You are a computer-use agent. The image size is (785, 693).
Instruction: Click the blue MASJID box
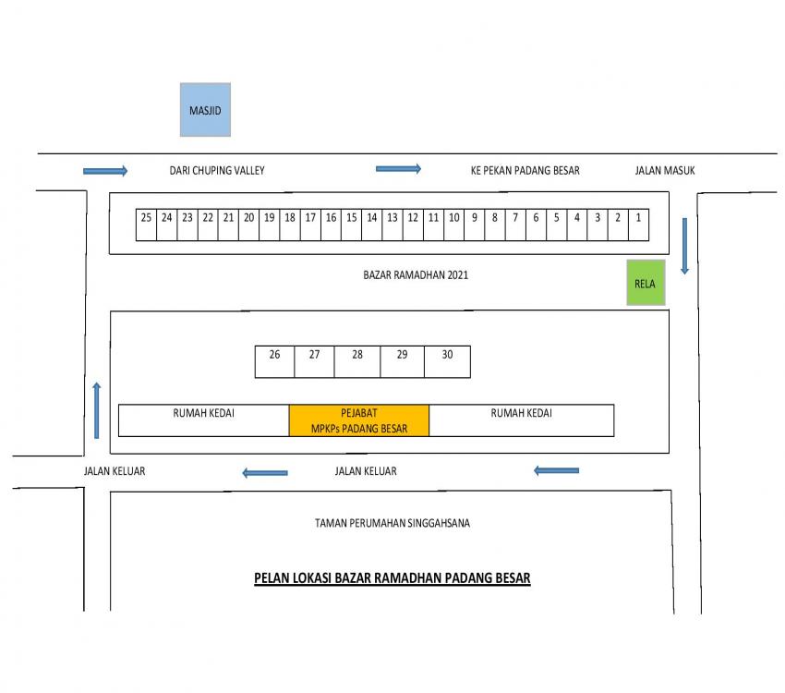pos(205,110)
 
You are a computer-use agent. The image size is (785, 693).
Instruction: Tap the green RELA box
pos(646,283)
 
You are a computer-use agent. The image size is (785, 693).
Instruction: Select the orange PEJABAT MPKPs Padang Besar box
pos(359,420)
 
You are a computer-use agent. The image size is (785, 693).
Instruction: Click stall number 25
pos(146,225)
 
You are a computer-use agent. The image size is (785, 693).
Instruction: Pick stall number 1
pos(638,225)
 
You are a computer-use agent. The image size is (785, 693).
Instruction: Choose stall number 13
pos(392,225)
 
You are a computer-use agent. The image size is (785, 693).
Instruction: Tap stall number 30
pos(447,361)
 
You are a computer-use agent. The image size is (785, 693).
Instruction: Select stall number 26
pos(275,361)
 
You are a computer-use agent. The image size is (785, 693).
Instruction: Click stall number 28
pos(357,361)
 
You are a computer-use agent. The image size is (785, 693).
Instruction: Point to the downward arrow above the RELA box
pos(685,246)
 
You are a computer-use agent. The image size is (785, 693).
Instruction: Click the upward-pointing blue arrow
pos(97,410)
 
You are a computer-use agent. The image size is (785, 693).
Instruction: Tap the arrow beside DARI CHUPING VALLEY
pos(105,171)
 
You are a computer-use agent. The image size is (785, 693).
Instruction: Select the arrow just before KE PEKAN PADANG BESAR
pos(399,169)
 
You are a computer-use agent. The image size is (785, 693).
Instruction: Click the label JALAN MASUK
pos(665,171)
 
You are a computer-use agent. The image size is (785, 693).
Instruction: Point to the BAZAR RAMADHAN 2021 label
pos(416,275)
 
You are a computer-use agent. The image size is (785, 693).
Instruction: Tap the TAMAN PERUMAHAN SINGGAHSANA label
pos(392,523)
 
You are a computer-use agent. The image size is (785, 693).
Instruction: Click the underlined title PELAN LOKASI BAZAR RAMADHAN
pos(392,578)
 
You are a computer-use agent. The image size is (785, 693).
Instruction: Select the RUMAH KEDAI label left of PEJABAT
pos(204,413)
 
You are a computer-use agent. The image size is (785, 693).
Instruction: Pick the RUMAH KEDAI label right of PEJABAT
pos(521,413)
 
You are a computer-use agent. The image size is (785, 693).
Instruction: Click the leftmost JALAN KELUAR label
pos(115,471)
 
